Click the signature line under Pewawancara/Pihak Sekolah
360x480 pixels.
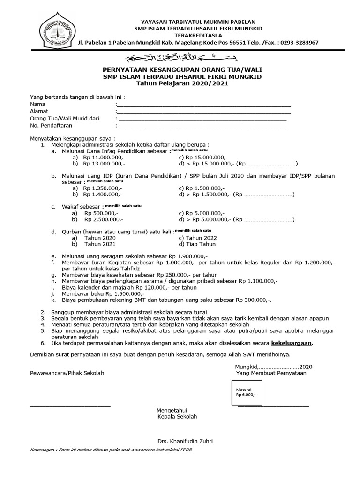tap(70, 406)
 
